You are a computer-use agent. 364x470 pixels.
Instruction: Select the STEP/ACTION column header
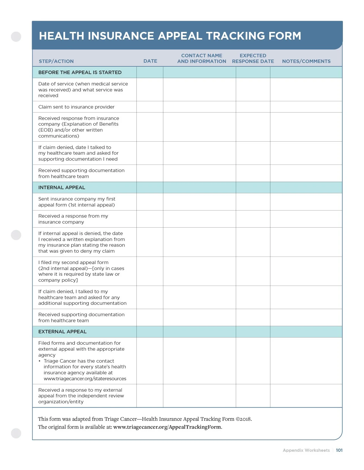[56, 61]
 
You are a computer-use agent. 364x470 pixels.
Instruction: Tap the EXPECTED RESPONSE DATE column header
[253, 58]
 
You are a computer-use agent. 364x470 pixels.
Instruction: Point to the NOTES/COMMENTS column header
[306, 61]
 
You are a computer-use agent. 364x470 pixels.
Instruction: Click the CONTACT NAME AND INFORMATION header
[202, 58]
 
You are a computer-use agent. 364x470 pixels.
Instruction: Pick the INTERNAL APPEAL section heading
[62, 187]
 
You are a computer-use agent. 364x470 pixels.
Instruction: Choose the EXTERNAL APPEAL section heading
[62, 332]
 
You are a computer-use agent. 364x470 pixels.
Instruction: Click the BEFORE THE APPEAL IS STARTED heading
[80, 72]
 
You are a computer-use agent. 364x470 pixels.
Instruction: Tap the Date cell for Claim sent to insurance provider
[150, 107]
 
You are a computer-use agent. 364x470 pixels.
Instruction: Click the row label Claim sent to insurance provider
[76, 107]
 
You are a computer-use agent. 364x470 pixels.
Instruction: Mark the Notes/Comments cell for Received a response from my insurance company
[306, 219]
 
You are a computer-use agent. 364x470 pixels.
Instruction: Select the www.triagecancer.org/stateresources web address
[85, 379]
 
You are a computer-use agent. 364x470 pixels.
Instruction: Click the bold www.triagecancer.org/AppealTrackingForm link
[167, 427]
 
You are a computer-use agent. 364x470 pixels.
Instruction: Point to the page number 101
[339, 450]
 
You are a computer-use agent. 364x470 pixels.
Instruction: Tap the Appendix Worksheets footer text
[306, 450]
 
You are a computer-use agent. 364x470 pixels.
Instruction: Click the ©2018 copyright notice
[243, 419]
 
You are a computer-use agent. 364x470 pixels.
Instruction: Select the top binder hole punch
[16, 36]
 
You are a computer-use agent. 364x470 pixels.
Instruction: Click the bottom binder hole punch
[16, 433]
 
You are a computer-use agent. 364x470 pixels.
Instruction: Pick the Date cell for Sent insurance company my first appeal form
[150, 202]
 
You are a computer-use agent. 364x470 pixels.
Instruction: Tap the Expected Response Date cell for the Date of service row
[253, 89]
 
